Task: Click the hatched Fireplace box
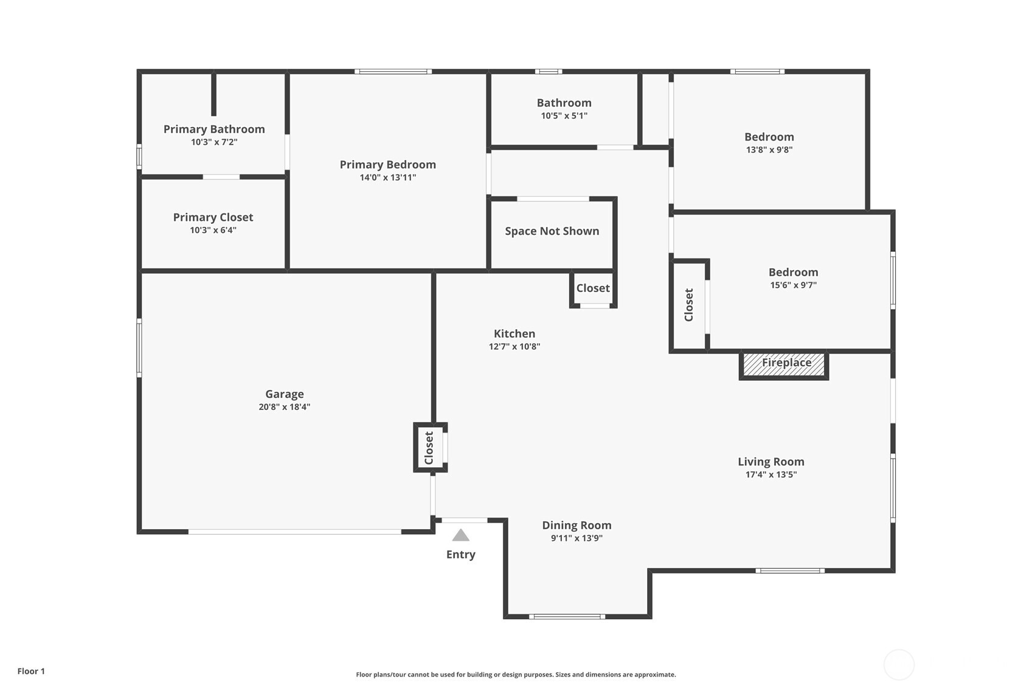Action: (x=784, y=365)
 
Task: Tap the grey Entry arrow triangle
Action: (x=461, y=535)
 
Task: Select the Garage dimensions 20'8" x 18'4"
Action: (x=284, y=407)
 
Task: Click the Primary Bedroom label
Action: (x=387, y=164)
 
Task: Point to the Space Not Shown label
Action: (x=552, y=231)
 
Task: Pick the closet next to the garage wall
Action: (x=429, y=448)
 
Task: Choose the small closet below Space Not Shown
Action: (x=593, y=288)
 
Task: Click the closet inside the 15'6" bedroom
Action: (x=689, y=305)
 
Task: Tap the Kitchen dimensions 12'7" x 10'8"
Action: (x=514, y=347)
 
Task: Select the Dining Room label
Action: (x=577, y=525)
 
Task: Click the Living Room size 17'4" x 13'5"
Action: (x=771, y=474)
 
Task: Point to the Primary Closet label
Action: (x=213, y=217)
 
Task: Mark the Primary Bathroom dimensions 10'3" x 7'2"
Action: (x=214, y=142)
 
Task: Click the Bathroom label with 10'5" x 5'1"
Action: (x=564, y=103)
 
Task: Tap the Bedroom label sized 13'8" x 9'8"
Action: (x=769, y=137)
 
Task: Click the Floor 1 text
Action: (x=31, y=671)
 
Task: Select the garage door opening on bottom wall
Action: (x=294, y=532)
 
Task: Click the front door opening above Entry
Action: (x=464, y=520)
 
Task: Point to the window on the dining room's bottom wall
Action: (x=567, y=616)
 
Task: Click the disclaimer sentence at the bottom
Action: (x=516, y=674)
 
